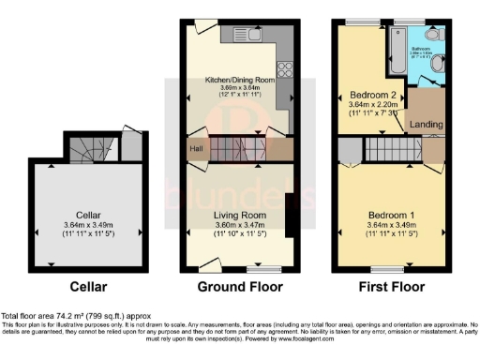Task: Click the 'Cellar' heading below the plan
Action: [93, 287]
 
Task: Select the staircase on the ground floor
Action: [242, 148]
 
